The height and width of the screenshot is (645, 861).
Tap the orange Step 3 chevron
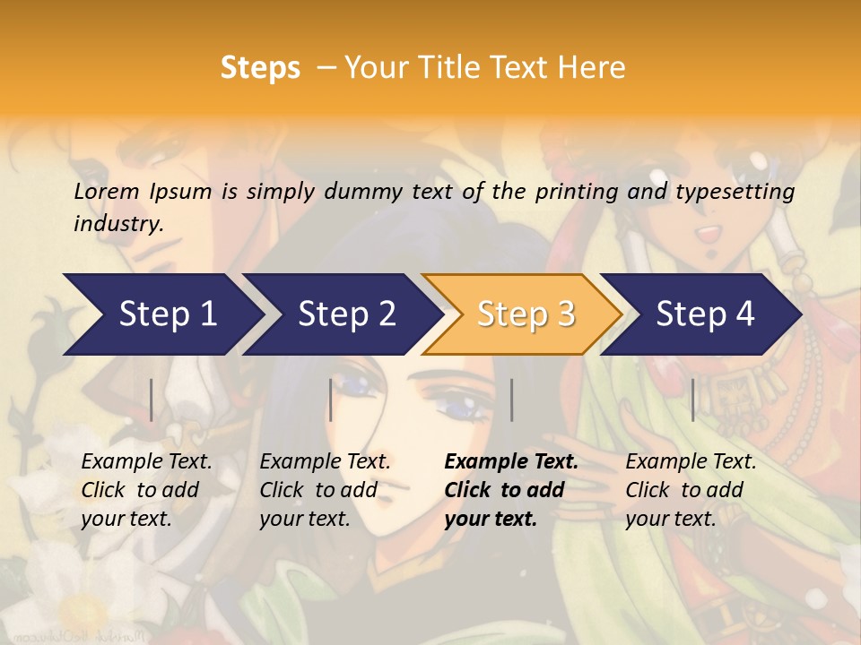click(526, 314)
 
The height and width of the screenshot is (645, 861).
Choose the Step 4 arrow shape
click(705, 314)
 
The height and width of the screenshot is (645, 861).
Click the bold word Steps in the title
click(260, 68)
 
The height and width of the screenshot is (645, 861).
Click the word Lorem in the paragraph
click(107, 192)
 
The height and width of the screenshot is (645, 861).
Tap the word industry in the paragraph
click(118, 224)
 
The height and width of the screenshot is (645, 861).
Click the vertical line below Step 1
click(152, 400)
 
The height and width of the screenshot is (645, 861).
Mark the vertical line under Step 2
click(331, 400)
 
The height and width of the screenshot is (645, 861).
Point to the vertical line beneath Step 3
click(511, 400)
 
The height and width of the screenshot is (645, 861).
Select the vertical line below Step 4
click(692, 400)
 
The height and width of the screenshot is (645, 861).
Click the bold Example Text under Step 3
click(511, 462)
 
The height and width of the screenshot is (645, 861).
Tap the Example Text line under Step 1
click(146, 462)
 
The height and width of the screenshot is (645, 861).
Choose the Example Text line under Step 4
click(691, 462)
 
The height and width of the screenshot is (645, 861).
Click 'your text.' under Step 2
click(305, 519)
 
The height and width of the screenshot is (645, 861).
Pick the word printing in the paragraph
click(576, 192)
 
